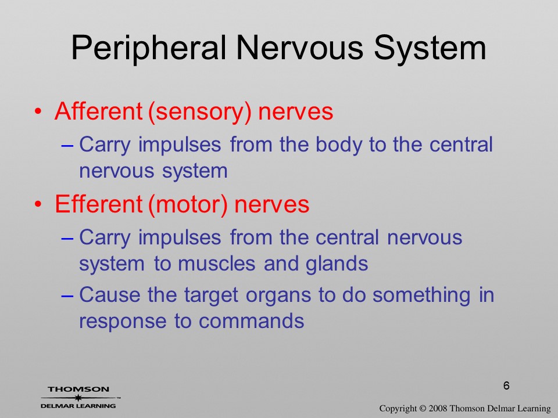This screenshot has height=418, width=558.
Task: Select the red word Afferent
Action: pyautogui.click(x=99, y=111)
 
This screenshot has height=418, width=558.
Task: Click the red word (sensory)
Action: pyautogui.click(x=199, y=112)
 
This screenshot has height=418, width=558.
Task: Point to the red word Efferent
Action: pyautogui.click(x=99, y=204)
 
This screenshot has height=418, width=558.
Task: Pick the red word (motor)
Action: pyautogui.click(x=188, y=205)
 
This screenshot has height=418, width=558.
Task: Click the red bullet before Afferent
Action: pyautogui.click(x=38, y=111)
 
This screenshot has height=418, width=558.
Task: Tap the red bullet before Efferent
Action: pyautogui.click(x=38, y=205)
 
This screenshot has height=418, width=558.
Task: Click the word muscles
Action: pyautogui.click(x=217, y=264)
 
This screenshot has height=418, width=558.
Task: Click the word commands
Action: pyautogui.click(x=251, y=321)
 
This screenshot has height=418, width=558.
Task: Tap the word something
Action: pyautogui.click(x=422, y=296)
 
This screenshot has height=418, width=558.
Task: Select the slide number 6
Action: pyautogui.click(x=506, y=385)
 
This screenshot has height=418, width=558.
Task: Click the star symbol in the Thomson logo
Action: pyautogui.click(x=78, y=398)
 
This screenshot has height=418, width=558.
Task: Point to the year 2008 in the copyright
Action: pyautogui.click(x=438, y=408)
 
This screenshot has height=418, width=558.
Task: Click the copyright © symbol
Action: pyautogui.click(x=423, y=409)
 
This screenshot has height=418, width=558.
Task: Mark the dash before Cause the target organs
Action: pyautogui.click(x=67, y=296)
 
